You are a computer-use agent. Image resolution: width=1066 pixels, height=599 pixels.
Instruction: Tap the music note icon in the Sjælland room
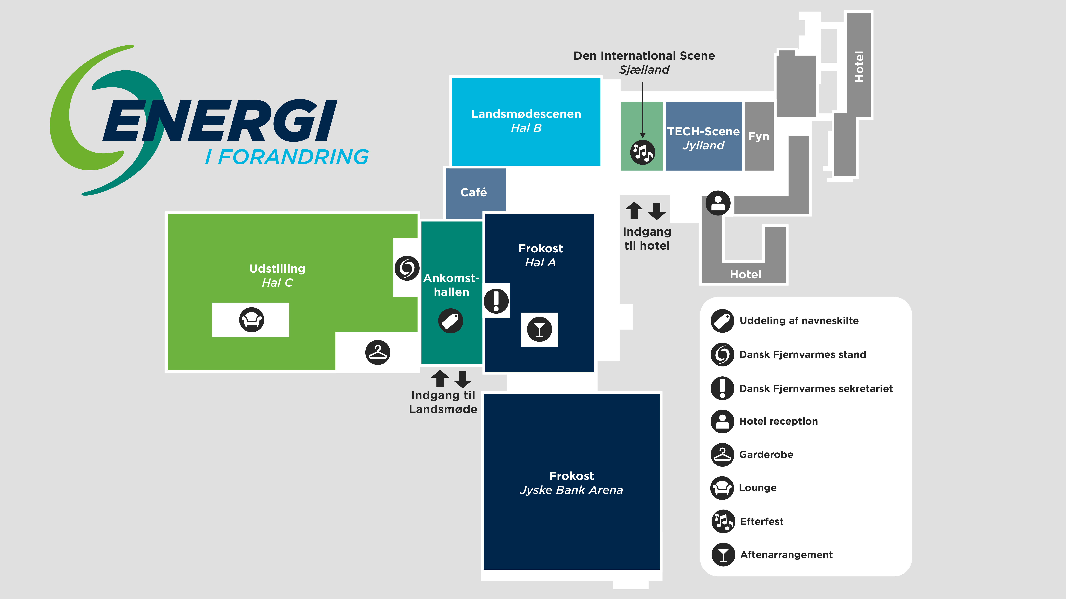point(642,152)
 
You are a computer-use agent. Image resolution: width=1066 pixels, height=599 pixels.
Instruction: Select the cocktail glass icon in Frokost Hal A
point(539,329)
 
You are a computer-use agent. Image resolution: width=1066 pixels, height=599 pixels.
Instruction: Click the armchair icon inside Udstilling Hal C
point(251,320)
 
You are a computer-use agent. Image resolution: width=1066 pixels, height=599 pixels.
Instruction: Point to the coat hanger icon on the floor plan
point(377,352)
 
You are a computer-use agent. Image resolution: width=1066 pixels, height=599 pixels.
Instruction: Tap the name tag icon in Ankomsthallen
point(451,321)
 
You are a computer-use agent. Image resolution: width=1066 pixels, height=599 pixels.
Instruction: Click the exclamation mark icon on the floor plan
point(496,301)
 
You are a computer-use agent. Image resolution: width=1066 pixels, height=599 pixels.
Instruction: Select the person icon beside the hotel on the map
point(718,203)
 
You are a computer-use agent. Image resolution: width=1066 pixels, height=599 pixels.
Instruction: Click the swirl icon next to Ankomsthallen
point(407,268)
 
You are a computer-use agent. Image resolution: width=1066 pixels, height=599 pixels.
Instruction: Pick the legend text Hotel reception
point(778,421)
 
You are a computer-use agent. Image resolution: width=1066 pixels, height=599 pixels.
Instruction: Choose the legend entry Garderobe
point(766,454)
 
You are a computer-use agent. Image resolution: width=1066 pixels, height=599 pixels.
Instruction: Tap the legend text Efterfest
point(761,521)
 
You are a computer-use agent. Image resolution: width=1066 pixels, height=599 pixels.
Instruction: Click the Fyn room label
point(759,136)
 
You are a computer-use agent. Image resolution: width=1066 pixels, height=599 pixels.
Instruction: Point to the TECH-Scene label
point(703,132)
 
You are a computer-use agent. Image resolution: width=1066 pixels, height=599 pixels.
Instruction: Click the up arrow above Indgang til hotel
point(634,210)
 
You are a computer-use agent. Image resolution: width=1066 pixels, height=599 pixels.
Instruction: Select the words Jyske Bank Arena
point(571,490)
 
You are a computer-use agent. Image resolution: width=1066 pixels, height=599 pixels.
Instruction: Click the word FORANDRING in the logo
point(293,157)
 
